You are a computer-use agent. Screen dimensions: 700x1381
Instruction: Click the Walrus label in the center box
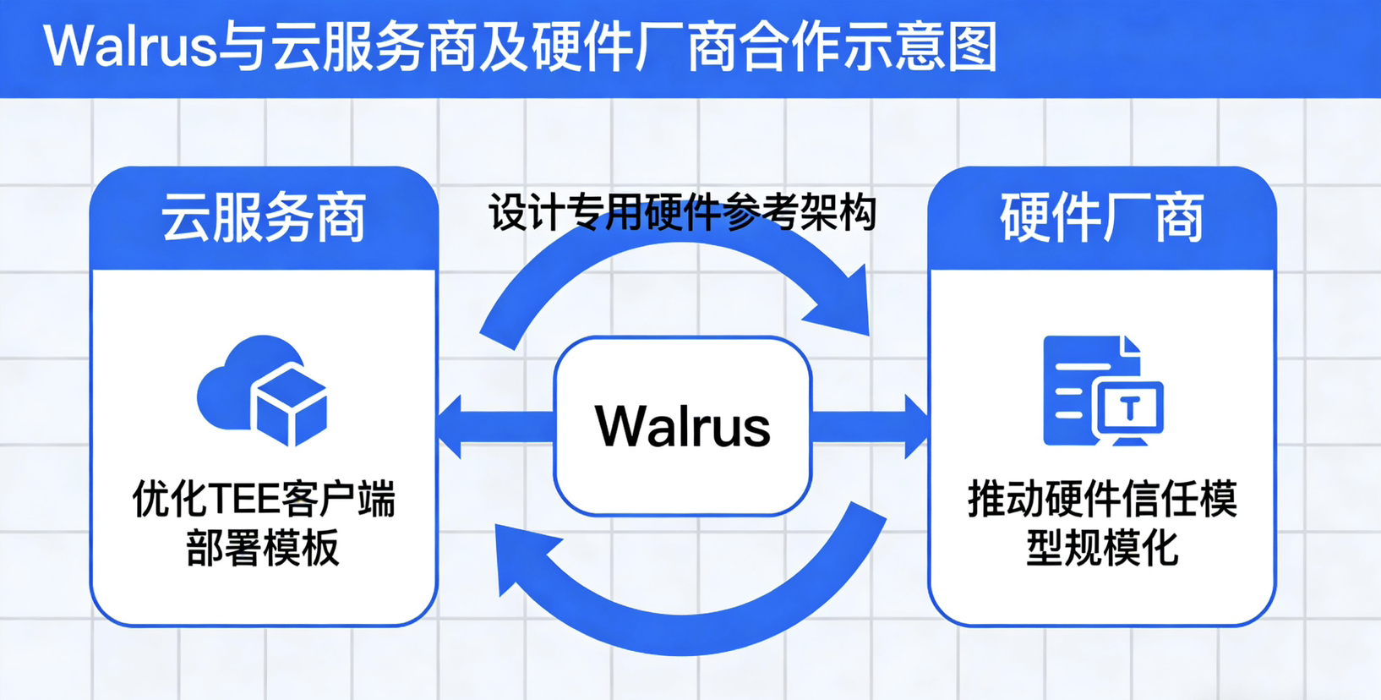click(683, 426)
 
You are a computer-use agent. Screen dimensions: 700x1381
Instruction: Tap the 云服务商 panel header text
click(264, 218)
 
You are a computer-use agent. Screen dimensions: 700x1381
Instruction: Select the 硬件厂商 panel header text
click(1102, 218)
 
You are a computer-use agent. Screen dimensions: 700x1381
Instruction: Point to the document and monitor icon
click(1102, 391)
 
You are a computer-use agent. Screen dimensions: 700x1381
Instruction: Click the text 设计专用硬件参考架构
click(683, 212)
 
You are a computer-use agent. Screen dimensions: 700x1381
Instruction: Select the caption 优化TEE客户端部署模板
click(264, 523)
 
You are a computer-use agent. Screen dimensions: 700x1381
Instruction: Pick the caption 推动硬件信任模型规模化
click(1102, 523)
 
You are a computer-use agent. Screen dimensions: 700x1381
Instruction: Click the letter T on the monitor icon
click(1132, 408)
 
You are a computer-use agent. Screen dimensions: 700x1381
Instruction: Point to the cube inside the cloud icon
click(290, 406)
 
